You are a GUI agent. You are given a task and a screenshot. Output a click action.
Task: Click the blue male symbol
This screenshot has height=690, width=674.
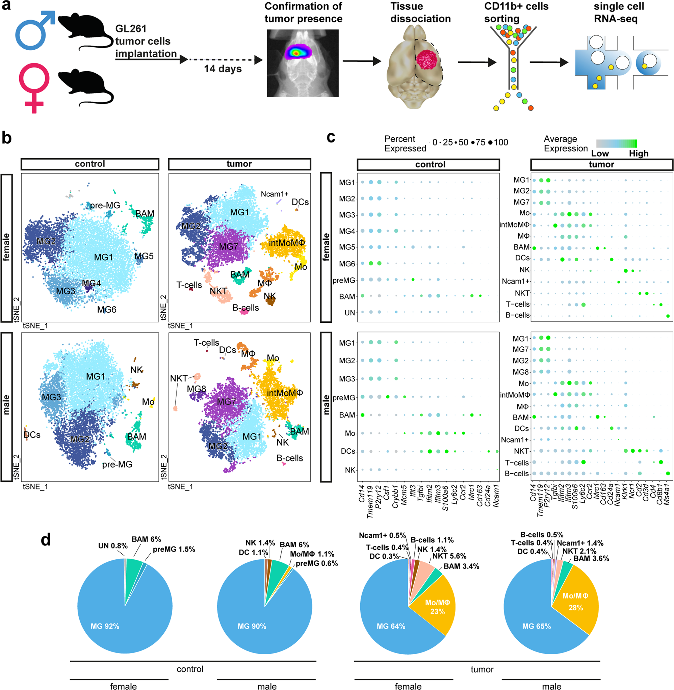[34, 32]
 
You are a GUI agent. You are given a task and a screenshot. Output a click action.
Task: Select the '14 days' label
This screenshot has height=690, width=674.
[223, 69]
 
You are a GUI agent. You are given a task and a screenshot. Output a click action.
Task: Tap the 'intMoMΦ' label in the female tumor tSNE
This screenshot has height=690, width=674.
[287, 243]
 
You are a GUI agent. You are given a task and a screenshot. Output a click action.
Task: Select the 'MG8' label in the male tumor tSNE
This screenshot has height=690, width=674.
[197, 389]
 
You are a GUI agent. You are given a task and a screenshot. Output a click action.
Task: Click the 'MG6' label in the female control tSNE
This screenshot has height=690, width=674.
[107, 310]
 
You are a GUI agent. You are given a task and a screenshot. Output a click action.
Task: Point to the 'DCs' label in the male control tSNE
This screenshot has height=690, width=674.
[32, 434]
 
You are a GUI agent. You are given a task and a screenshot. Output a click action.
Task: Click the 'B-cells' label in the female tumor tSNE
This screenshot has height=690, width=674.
[246, 308]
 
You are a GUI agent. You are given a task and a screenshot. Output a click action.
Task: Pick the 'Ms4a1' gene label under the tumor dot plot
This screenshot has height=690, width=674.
[667, 495]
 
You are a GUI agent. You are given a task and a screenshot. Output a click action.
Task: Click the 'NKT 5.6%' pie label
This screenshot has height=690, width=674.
[449, 556]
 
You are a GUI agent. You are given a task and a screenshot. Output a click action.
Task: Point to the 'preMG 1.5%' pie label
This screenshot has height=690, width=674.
[174, 549]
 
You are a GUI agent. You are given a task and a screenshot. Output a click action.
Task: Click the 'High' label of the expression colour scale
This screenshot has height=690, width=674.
[638, 154]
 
